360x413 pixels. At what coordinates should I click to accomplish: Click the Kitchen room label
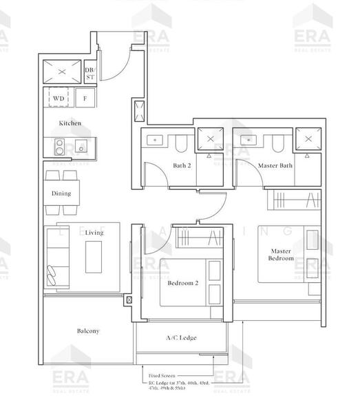point(70,123)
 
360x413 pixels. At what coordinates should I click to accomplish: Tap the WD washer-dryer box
point(59,98)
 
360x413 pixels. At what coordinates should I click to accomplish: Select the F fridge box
point(85,98)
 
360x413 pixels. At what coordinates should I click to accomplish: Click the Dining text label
point(61,193)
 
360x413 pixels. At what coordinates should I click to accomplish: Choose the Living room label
point(94,233)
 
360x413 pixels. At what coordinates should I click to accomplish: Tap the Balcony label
point(87,331)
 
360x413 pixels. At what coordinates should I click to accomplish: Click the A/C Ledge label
point(182,338)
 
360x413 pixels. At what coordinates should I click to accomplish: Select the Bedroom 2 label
point(183,283)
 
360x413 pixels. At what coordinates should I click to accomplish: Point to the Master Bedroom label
point(281,255)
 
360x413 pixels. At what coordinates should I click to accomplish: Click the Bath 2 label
point(182,166)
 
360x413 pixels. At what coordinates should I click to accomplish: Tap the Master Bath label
point(275,166)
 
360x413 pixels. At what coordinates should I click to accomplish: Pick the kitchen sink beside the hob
point(82,147)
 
